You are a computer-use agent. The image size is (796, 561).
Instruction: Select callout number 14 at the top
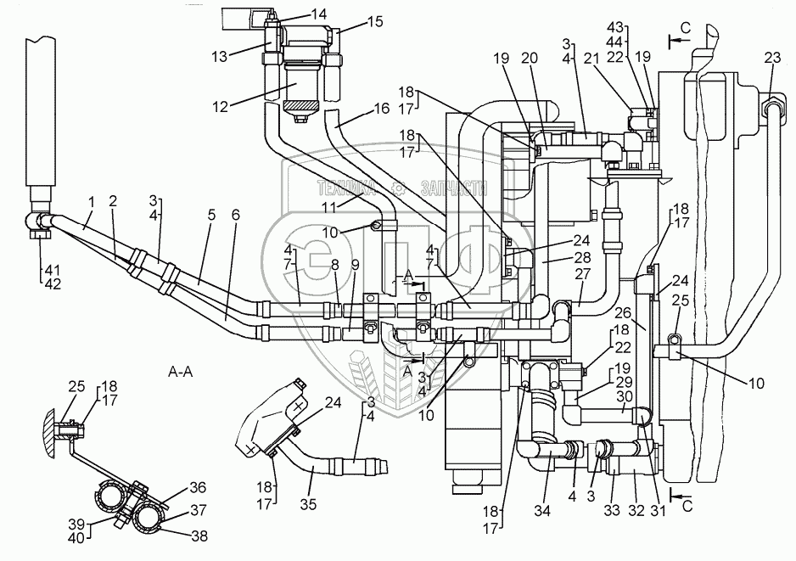coord(319,14)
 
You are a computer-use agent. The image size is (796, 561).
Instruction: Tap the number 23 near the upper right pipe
coord(772,58)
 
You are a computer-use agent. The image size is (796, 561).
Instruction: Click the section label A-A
coord(180,372)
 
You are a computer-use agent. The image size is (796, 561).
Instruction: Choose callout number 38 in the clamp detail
coord(199,536)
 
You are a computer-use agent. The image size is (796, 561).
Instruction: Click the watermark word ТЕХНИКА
coord(346,188)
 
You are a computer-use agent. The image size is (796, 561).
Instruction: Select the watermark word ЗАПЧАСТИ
coord(454,188)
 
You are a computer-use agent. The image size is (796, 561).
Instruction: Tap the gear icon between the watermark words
coord(399,189)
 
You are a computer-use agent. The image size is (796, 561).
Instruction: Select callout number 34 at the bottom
coord(542,510)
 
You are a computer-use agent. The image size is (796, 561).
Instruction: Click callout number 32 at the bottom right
coord(636,510)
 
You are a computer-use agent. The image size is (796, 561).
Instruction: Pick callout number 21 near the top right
coord(604,59)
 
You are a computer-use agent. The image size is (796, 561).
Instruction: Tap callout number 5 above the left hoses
coord(211,215)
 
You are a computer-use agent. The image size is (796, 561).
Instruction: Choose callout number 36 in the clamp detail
coord(198,487)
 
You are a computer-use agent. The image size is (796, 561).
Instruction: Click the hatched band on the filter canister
coord(300,107)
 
